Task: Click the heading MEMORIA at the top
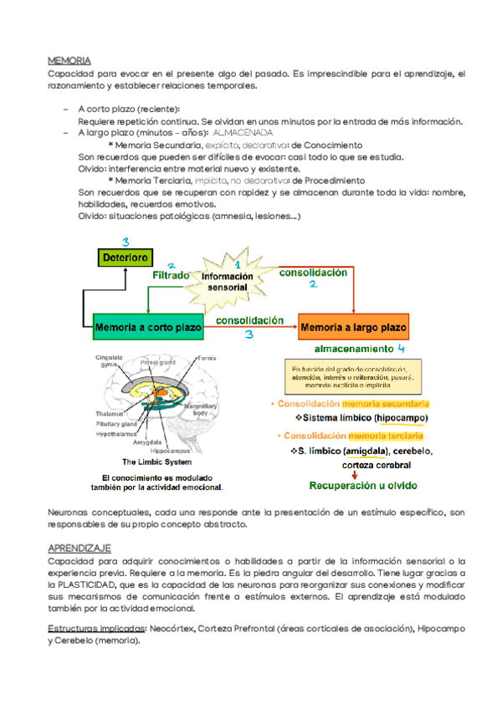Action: pyautogui.click(x=70, y=60)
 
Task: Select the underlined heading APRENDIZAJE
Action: pyautogui.click(x=80, y=547)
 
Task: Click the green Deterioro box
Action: pyautogui.click(x=125, y=258)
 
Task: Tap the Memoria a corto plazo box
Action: pyautogui.click(x=148, y=326)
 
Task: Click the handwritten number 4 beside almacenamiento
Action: pyautogui.click(x=402, y=347)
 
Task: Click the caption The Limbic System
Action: pyautogui.click(x=157, y=462)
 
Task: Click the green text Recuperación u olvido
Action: pyautogui.click(x=364, y=486)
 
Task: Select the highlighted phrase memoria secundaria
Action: pyautogui.click(x=384, y=403)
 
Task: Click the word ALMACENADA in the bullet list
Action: pyautogui.click(x=243, y=133)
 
